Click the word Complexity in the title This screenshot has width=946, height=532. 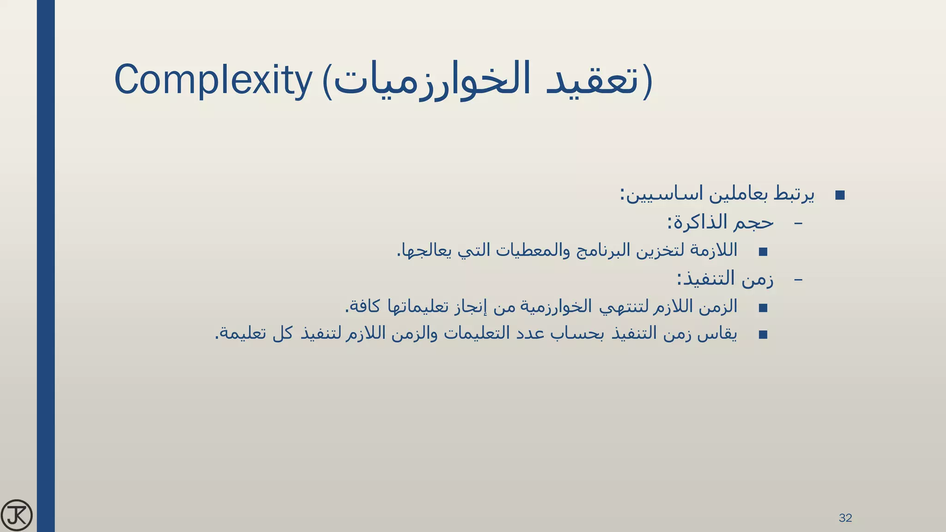click(x=213, y=81)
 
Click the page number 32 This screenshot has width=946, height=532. click(x=845, y=518)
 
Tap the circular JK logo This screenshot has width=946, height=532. click(x=17, y=515)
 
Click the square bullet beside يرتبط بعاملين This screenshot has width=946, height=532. click(x=840, y=195)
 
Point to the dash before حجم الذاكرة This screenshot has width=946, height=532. click(x=798, y=224)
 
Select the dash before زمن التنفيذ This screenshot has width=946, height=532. click(x=798, y=279)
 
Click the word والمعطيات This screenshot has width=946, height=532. click(x=525, y=251)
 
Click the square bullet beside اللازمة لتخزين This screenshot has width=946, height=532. click(x=763, y=252)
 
